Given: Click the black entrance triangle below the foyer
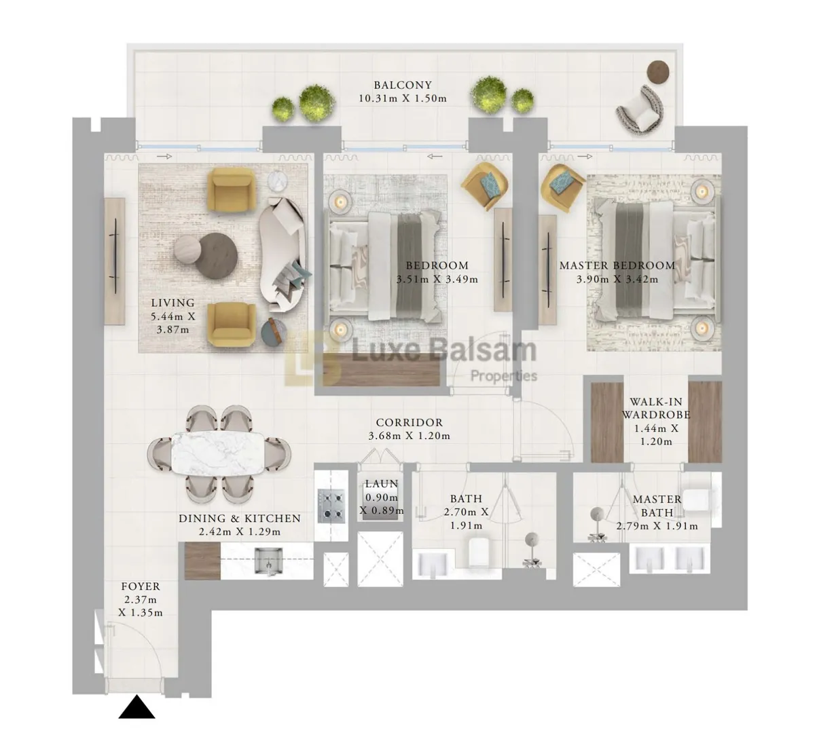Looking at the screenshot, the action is (x=137, y=707).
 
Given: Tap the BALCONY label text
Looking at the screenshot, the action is (x=403, y=85).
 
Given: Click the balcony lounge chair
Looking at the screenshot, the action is (x=640, y=109).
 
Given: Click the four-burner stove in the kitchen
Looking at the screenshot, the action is (x=331, y=506).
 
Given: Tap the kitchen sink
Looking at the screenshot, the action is (x=268, y=561).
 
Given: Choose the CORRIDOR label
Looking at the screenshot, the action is (x=410, y=422).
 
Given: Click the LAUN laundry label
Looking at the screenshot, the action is (x=382, y=483).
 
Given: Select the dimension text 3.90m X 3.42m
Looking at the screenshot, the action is (x=617, y=279).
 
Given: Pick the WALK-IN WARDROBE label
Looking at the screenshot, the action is (x=656, y=408).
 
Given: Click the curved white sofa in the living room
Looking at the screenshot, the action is (x=284, y=255).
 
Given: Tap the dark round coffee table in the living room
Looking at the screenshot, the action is (x=216, y=255).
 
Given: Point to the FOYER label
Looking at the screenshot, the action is (x=141, y=586).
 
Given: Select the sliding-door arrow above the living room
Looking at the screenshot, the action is (x=164, y=157).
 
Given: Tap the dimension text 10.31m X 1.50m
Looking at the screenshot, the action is (x=403, y=98).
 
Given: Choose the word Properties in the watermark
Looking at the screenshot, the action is (x=504, y=376).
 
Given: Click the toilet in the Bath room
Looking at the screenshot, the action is (x=479, y=552).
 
